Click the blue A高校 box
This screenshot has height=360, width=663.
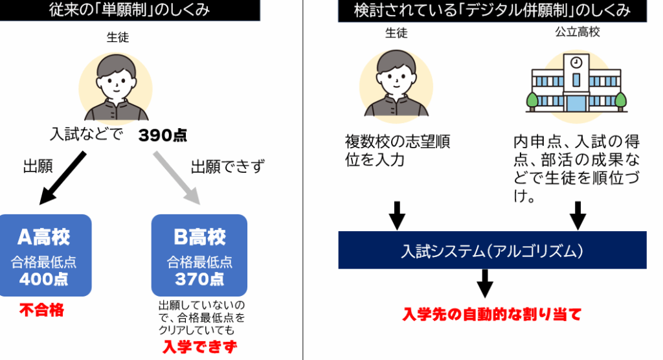point(46,255)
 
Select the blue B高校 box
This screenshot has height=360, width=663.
point(199,255)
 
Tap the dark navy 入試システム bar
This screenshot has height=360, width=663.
point(492,250)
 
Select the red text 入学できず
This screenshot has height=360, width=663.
point(199,347)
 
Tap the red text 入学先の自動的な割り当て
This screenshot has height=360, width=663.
point(492,315)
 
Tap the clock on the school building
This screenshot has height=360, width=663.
point(576,63)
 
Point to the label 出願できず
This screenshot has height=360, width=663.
point(228,167)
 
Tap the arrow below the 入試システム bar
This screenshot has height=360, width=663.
point(485,283)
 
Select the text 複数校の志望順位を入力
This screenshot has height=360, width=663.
point(398,150)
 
